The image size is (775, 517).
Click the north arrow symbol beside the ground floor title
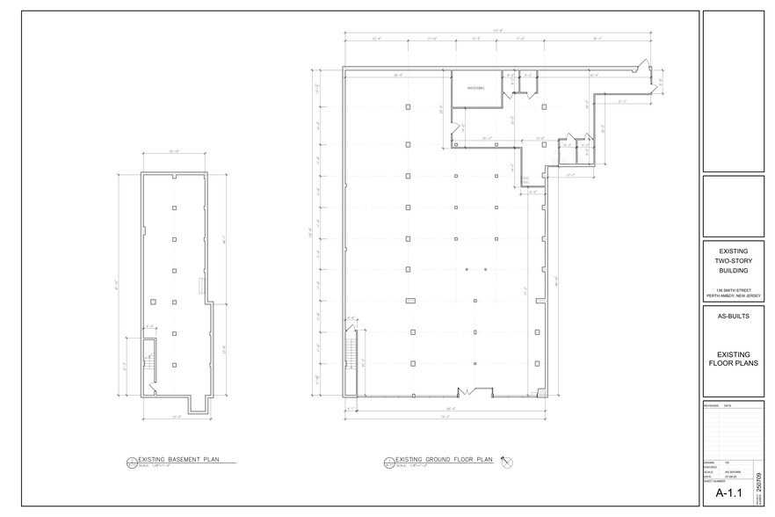(x=507, y=461)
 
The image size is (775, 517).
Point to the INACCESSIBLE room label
(x=474, y=86)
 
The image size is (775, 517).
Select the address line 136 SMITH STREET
(x=733, y=291)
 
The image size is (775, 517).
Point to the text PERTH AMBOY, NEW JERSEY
(x=733, y=296)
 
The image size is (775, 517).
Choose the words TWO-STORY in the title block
(x=733, y=262)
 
